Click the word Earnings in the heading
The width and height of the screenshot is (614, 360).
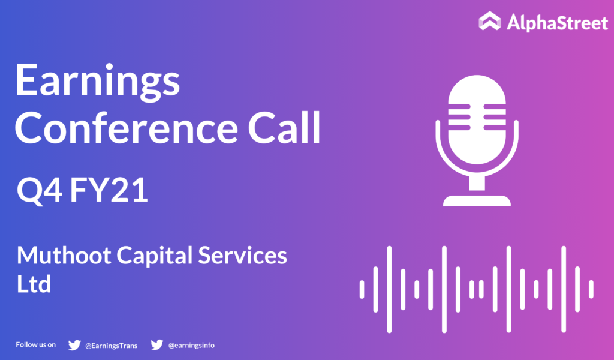coord(98,81)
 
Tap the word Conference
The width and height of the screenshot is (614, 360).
coord(126,128)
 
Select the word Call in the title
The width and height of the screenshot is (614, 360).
coord(284,128)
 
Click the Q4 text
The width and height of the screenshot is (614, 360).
coord(39,191)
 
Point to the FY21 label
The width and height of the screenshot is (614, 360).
coord(109,190)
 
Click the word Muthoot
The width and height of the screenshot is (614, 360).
coord(64,256)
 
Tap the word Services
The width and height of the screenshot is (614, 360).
coord(242,256)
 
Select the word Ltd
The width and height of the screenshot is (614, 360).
coord(34,284)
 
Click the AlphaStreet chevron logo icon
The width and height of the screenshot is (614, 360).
coord(489,21)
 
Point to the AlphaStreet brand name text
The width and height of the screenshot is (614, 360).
coord(557,22)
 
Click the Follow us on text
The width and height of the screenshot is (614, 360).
coord(35,345)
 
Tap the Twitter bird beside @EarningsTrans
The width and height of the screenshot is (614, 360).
coord(74,345)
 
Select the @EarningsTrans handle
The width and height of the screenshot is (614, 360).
coord(111,346)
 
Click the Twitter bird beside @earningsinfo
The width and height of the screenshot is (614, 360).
coord(157,345)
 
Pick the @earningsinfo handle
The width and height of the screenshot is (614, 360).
coord(191,345)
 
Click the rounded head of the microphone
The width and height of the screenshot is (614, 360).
coord(477,119)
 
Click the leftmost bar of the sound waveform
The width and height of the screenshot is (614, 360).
coord(362,289)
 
